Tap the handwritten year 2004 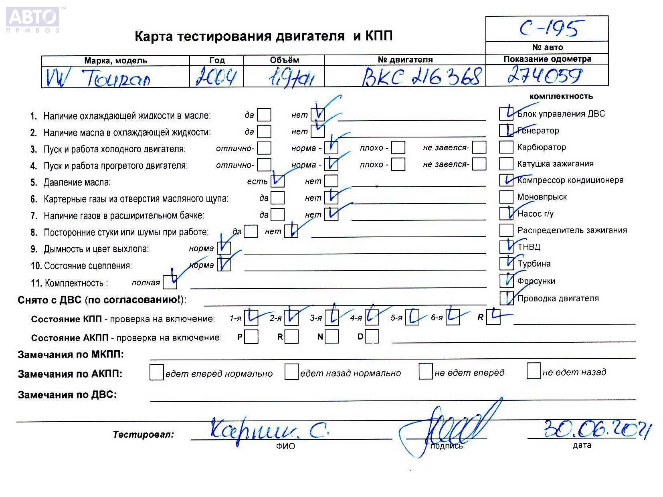(x=216, y=77)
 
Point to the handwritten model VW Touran (x=99, y=78)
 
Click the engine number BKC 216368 (x=421, y=76)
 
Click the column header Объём (x=284, y=60)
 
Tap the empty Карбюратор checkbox (x=506, y=147)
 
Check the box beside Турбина (x=506, y=263)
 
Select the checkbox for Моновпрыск (x=506, y=197)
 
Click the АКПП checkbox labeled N (x=331, y=337)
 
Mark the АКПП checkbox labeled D (x=372, y=337)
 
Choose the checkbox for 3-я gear (x=331, y=318)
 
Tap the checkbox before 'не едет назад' (x=534, y=371)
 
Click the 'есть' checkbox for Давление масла (x=277, y=181)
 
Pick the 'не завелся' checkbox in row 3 (x=479, y=147)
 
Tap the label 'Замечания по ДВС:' (x=67, y=395)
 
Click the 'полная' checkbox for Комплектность (x=170, y=282)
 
